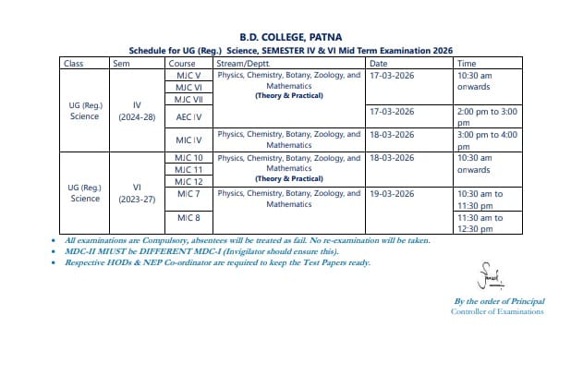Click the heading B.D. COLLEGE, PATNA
(x=285, y=37)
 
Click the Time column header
(x=467, y=63)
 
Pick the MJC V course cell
(x=188, y=75)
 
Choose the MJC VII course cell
(x=188, y=99)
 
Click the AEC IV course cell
(x=188, y=117)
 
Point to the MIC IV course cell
(x=188, y=140)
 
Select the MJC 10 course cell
(x=188, y=158)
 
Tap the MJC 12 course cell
(x=188, y=182)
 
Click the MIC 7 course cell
(x=188, y=194)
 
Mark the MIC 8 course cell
(x=188, y=218)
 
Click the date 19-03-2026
(x=391, y=194)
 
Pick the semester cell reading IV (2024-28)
(x=137, y=112)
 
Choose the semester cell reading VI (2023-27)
(x=137, y=192)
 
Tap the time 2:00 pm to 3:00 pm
(x=486, y=116)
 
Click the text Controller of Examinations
(x=497, y=311)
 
